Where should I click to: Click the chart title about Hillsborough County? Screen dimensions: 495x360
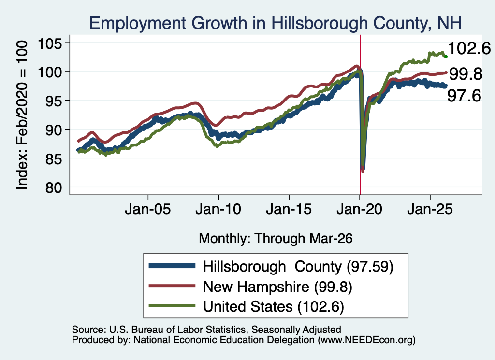point(276,23)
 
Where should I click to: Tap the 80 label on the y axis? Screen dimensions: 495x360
point(54,187)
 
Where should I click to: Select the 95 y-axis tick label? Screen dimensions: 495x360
point(54,101)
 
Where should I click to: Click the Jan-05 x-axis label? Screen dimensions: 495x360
point(148,209)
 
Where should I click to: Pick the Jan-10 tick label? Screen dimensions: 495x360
point(218,209)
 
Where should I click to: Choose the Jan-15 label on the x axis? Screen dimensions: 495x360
point(289,209)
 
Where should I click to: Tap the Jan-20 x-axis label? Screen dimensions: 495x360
point(359,209)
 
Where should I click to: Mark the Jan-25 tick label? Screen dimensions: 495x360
point(430,209)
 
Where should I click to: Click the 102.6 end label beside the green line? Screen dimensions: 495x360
point(469,49)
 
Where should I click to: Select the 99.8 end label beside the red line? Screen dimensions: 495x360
point(466,74)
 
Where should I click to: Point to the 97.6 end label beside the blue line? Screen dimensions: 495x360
point(464,96)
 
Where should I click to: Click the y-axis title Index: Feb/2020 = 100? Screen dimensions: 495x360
point(22,115)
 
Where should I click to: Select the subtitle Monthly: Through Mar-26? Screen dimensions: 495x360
point(276,239)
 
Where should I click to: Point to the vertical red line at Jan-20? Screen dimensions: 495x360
point(360,115)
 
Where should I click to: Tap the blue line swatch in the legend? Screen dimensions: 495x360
point(172,266)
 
